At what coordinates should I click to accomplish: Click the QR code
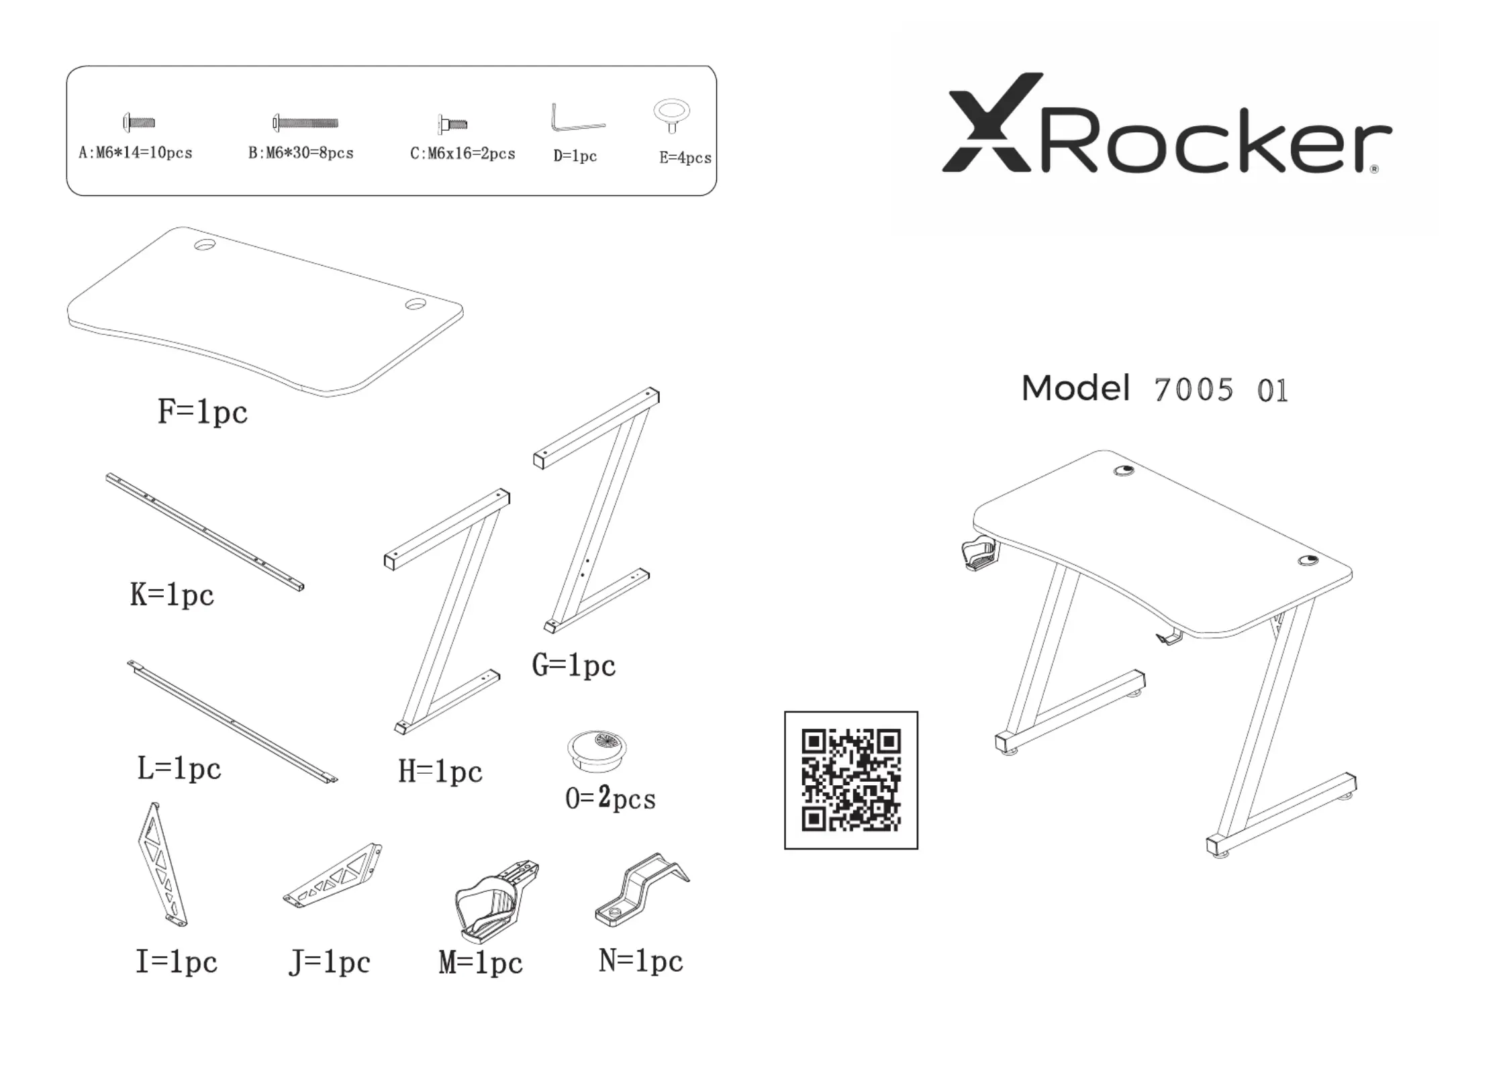[850, 780]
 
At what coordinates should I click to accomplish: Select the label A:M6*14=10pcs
[136, 153]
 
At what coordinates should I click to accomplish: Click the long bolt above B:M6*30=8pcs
[305, 123]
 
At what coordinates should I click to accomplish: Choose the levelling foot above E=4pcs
[671, 115]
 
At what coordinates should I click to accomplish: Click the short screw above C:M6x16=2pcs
[452, 124]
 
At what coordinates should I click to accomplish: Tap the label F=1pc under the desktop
[202, 411]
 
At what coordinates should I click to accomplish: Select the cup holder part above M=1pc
[495, 901]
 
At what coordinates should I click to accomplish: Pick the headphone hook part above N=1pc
[641, 891]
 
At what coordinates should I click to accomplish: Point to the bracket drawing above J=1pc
[333, 875]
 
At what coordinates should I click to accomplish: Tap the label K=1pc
[172, 595]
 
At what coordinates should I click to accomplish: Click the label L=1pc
[179, 768]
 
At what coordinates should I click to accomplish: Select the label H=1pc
[440, 771]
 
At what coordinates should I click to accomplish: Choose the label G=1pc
[573, 665]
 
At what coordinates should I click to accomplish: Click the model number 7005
[1194, 390]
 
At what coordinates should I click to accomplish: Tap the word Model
[1075, 388]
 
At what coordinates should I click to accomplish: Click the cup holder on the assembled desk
[977, 553]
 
